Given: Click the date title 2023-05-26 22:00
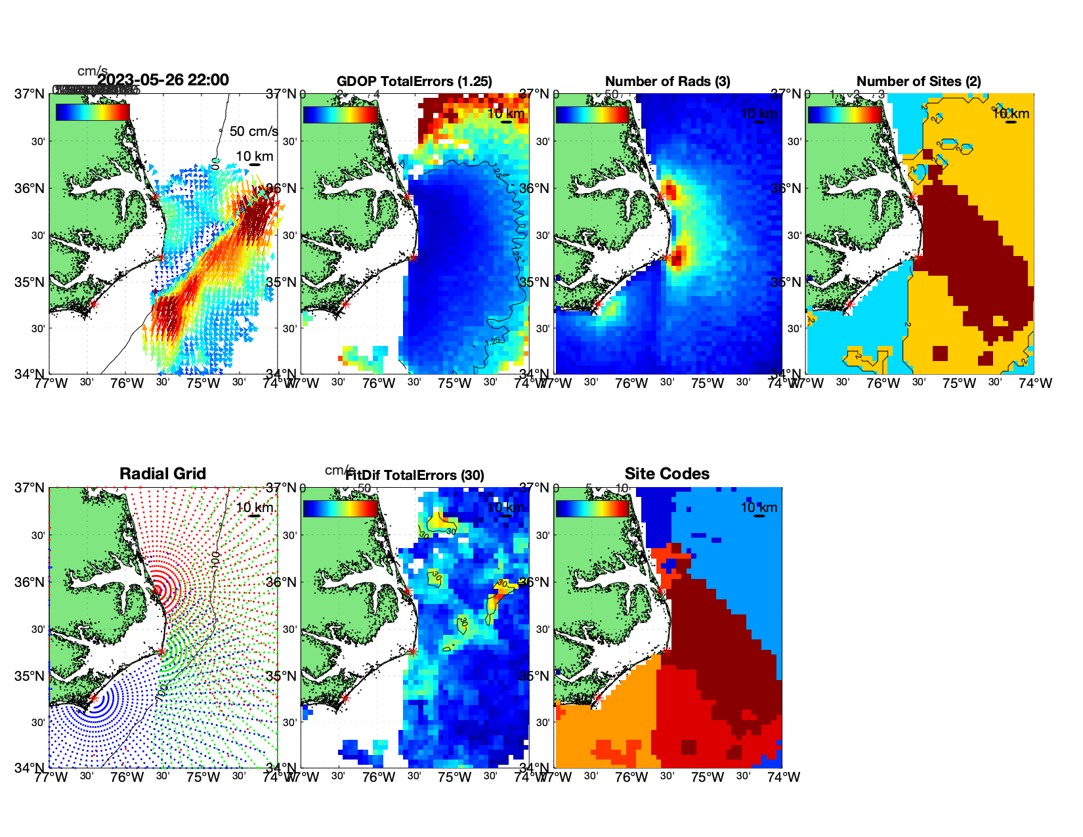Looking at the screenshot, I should [x=163, y=80].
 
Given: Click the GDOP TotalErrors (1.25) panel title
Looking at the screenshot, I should [x=414, y=81].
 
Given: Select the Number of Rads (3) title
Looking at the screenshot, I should [x=668, y=81].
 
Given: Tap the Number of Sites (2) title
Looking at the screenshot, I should [x=918, y=81].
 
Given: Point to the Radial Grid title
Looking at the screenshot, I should [x=163, y=474].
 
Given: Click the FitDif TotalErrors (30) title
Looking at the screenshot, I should [x=415, y=475].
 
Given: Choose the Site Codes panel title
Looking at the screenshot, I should [x=667, y=474].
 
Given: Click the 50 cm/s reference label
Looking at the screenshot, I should [x=253, y=131].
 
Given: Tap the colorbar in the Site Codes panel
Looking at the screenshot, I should [x=593, y=509].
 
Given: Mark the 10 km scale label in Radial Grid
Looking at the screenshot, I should [x=255, y=507].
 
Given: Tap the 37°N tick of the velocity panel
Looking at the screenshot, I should [x=30, y=94].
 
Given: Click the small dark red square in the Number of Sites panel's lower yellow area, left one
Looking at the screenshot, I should [x=940, y=353].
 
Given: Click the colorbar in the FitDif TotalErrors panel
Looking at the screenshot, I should [x=341, y=509].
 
